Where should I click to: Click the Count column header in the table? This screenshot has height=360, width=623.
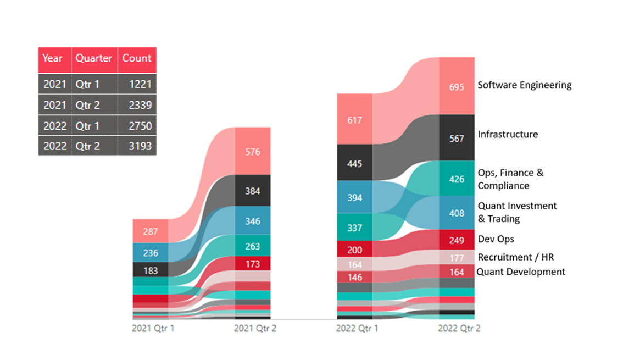click(137, 58)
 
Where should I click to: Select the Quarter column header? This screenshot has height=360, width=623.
click(94, 58)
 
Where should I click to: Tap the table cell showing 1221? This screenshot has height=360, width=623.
click(137, 84)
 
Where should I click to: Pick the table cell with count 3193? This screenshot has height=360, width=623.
click(137, 146)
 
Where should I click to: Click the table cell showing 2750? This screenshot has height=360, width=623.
click(137, 126)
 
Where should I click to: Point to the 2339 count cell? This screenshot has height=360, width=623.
click(137, 105)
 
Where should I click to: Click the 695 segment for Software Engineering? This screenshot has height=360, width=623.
click(457, 87)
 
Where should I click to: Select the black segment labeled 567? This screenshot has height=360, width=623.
click(457, 139)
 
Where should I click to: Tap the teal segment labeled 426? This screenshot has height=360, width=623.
click(457, 179)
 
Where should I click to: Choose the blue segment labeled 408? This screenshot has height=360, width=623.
click(457, 213)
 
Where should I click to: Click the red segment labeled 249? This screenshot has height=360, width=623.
click(457, 240)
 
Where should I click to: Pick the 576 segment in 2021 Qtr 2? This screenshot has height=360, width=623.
click(253, 152)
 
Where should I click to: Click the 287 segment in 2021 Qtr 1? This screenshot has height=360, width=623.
click(150, 231)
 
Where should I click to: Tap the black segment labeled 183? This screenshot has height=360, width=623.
click(150, 270)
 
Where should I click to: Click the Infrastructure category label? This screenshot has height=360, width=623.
click(508, 134)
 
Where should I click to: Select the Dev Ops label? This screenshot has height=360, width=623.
click(496, 239)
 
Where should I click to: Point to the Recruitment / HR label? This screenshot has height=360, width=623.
click(515, 257)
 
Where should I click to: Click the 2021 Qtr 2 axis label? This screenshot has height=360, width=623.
click(255, 329)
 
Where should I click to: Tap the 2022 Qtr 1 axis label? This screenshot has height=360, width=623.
click(357, 329)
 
